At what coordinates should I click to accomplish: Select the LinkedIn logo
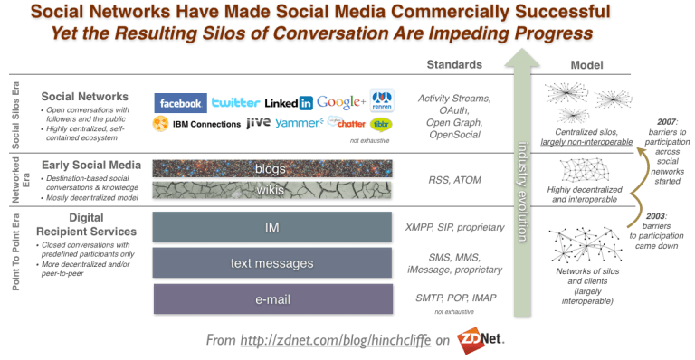[x=289, y=102]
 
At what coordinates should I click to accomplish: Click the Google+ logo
[x=341, y=101]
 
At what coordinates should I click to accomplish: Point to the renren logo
[x=381, y=100]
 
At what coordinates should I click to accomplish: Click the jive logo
[x=258, y=122]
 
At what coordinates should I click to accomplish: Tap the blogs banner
[x=272, y=167]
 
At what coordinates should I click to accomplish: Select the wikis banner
[x=272, y=190]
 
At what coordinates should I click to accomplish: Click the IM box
[x=272, y=227]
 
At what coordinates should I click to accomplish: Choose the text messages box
[x=272, y=262]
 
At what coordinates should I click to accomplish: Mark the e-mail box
[x=272, y=298]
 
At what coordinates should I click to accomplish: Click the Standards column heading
[x=455, y=65]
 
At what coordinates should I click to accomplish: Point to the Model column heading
[x=589, y=65]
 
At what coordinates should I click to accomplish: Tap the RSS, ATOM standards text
[x=455, y=179]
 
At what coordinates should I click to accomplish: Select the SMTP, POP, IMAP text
[x=455, y=297]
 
